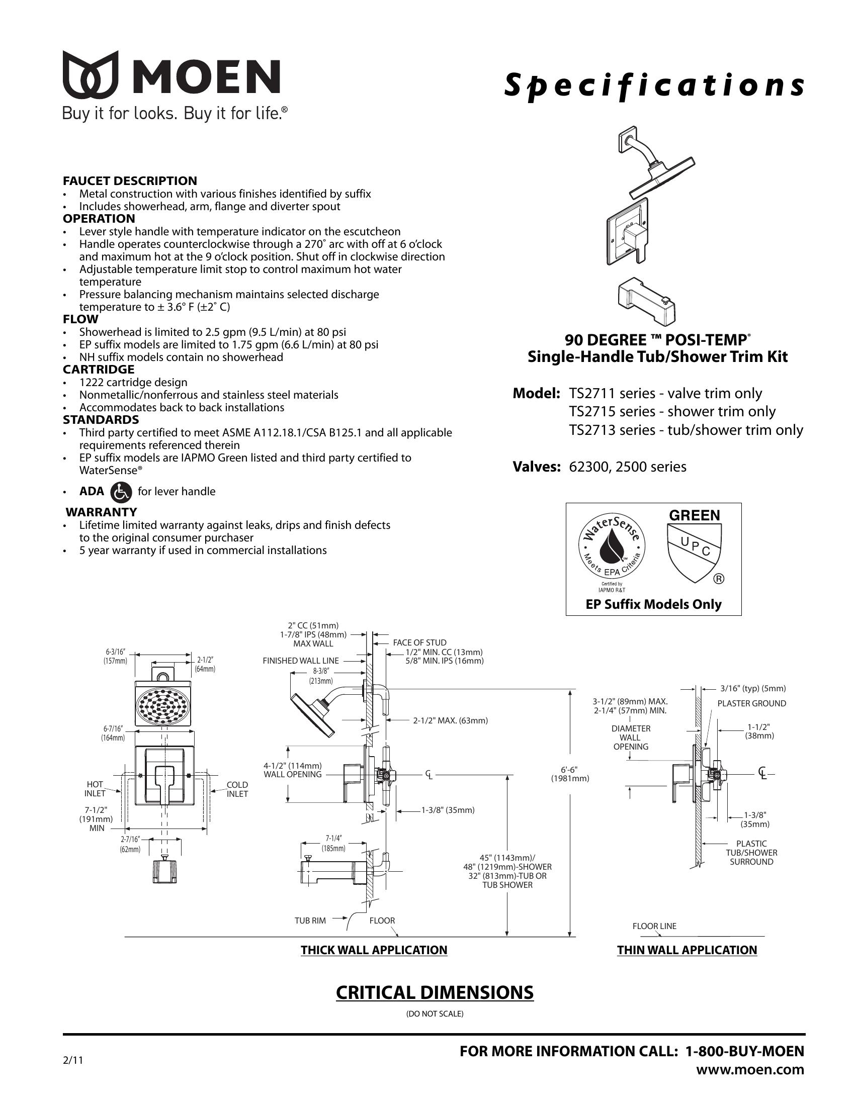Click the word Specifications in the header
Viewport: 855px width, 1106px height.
[x=654, y=85]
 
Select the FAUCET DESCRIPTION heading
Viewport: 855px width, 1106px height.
[x=130, y=181]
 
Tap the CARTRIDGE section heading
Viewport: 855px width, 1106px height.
[x=98, y=369]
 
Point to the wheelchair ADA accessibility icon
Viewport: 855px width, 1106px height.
[x=121, y=491]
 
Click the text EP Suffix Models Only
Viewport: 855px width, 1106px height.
[x=653, y=604]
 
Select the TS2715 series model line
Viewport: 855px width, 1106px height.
[x=672, y=412]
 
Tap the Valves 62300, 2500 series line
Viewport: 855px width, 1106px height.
[x=600, y=467]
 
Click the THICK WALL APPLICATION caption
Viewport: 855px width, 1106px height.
[x=374, y=950]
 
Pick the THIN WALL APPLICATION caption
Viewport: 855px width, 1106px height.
[x=687, y=950]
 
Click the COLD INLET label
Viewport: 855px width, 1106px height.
[x=237, y=789]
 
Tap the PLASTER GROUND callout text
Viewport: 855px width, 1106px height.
[x=752, y=703]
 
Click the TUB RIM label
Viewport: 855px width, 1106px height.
[x=310, y=920]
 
